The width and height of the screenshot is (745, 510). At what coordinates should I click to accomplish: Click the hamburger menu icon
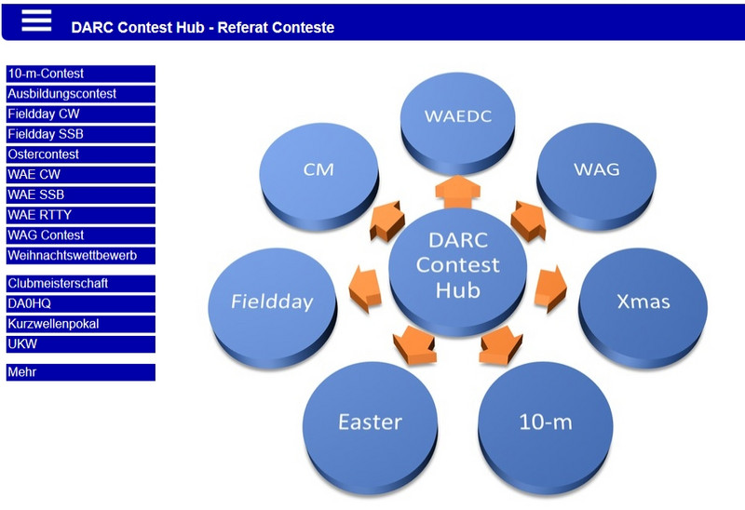(36, 20)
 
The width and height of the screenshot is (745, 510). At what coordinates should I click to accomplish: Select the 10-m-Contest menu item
(81, 74)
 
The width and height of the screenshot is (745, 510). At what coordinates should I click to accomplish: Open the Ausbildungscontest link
(81, 94)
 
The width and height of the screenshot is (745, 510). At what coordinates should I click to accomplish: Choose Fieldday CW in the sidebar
(81, 114)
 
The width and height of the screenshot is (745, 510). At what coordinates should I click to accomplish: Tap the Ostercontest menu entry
(81, 154)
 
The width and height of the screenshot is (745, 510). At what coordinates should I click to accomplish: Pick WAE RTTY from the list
(81, 215)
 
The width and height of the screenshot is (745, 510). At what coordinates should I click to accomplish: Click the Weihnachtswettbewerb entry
(81, 256)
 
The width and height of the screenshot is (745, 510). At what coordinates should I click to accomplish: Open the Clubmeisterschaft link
(81, 284)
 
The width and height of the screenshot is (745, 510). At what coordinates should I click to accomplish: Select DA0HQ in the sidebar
(81, 304)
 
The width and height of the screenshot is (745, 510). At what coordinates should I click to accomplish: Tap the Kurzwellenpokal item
(81, 324)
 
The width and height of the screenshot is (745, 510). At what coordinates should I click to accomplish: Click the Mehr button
(81, 372)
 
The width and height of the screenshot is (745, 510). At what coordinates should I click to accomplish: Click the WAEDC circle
(457, 121)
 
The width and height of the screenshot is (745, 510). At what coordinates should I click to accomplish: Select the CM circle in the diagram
(318, 176)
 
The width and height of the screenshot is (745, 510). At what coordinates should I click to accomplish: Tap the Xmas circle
(643, 306)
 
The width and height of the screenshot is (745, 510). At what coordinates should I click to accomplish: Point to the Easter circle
(370, 427)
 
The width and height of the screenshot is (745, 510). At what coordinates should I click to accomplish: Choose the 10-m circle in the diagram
(546, 427)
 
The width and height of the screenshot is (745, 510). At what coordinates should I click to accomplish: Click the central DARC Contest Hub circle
(457, 271)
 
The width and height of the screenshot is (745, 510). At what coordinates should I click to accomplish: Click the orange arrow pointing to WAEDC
(457, 192)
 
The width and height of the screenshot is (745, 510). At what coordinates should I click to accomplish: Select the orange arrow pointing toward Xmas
(550, 289)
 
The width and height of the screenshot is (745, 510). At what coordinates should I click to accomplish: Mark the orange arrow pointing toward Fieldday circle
(365, 289)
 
